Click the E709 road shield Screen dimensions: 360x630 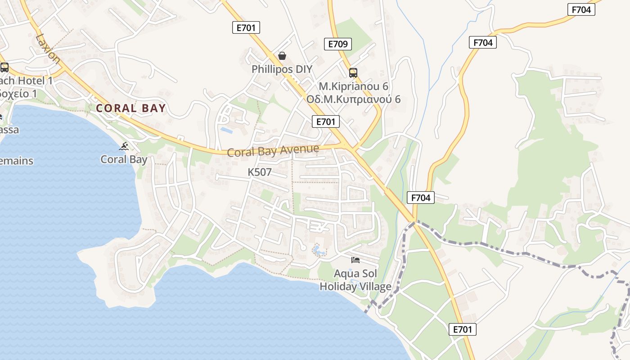(x=337, y=44)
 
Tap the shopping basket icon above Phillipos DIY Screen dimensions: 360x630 (x=282, y=56)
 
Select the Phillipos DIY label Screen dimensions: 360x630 (x=282, y=69)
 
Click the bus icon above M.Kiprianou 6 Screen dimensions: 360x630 (x=353, y=72)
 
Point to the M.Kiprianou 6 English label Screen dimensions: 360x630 (x=353, y=86)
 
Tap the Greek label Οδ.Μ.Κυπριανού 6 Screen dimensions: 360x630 (x=353, y=99)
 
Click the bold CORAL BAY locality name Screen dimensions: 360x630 (x=131, y=108)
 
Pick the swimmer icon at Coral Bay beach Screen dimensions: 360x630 (x=124, y=146)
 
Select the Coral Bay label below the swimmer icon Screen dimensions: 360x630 (x=124, y=159)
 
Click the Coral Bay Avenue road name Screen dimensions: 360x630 (x=273, y=151)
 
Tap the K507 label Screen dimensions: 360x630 (x=260, y=172)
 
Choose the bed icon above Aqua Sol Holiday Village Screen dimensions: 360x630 (x=355, y=260)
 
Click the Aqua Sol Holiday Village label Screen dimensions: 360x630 (x=355, y=280)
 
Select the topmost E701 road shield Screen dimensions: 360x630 (x=246, y=27)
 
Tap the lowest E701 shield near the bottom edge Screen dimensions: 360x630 (x=463, y=329)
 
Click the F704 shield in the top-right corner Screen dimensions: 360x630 (x=581, y=9)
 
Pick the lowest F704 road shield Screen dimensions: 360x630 (x=421, y=197)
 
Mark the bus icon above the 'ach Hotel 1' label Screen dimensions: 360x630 (x=4, y=67)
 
